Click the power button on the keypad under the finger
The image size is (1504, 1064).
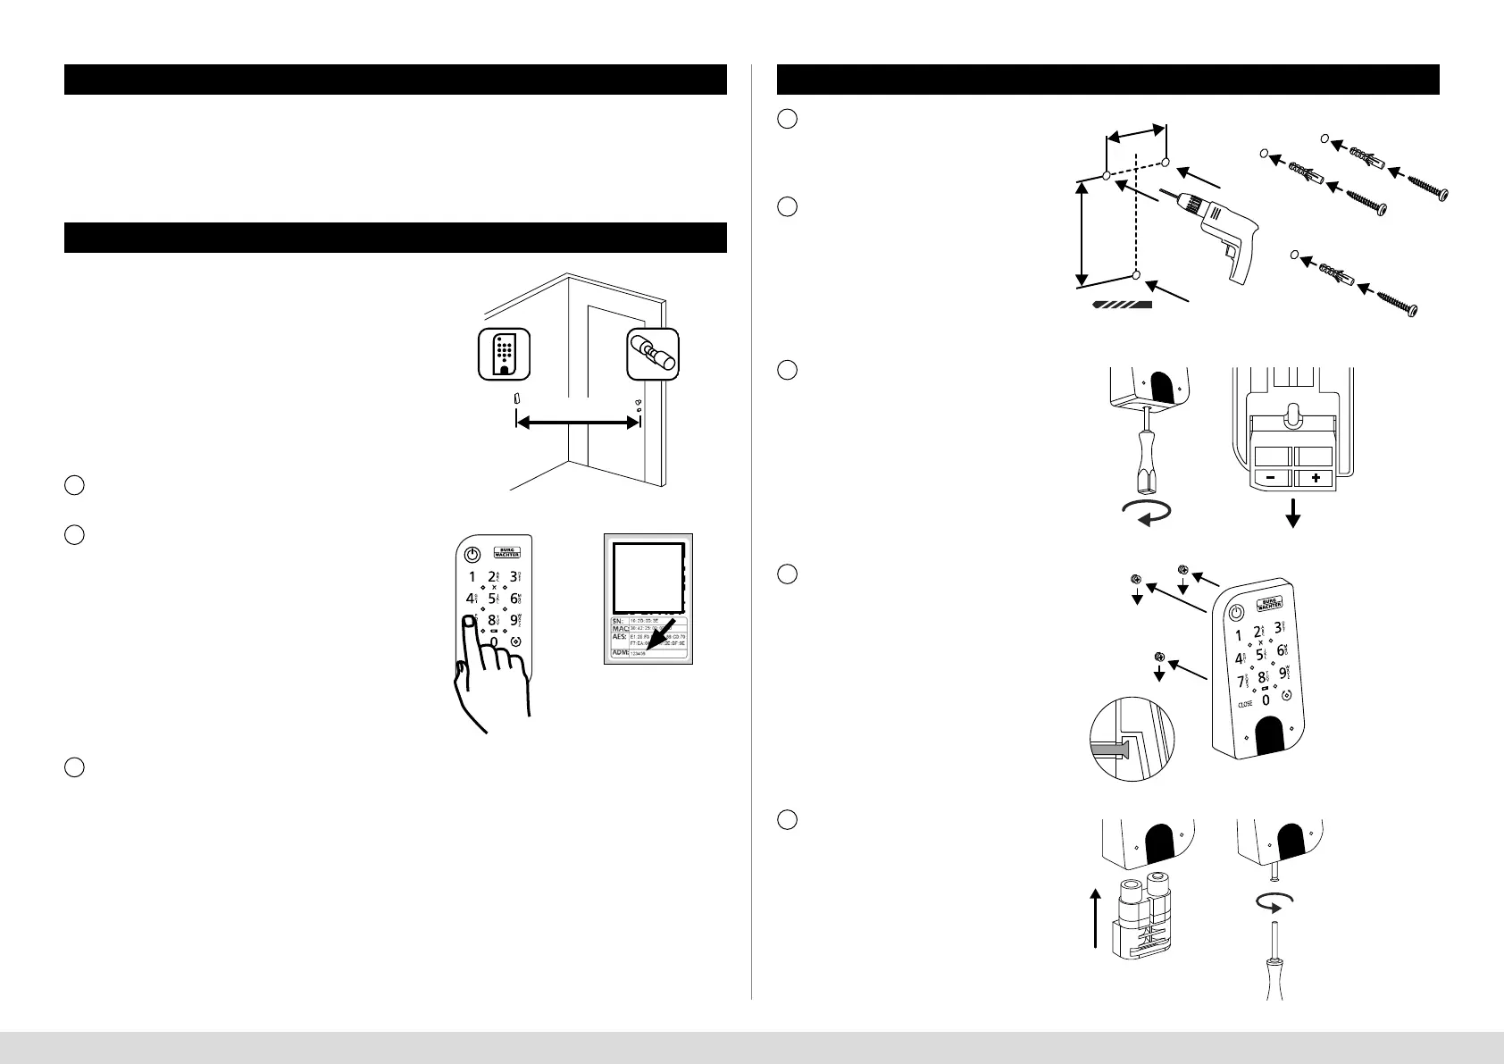point(472,553)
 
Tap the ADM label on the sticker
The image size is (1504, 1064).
point(620,653)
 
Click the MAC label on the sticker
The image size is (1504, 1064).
point(620,629)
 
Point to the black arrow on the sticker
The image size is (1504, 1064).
point(660,636)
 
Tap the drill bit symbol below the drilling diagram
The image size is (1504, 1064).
point(1122,304)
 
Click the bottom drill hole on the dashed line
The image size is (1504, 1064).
point(1136,274)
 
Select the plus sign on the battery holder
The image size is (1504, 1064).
point(1315,479)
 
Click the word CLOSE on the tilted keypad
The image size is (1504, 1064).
point(1245,703)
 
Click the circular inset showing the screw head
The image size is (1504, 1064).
point(1132,739)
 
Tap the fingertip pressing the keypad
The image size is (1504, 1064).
point(468,623)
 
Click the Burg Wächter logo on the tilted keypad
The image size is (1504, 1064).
point(1268,601)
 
